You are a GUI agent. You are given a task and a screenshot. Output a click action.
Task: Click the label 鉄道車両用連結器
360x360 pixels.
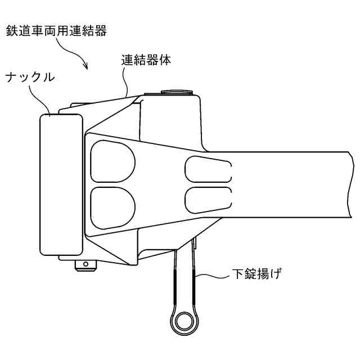pos(56,30)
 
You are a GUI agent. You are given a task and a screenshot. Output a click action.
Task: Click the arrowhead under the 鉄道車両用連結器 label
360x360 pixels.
pos(87,68)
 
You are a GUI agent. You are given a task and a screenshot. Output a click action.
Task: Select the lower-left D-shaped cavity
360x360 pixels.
pos(112,205)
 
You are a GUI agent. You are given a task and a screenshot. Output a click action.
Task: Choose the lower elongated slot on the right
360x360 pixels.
pos(207,197)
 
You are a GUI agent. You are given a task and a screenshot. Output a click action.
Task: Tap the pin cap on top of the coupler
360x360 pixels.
pos(177,91)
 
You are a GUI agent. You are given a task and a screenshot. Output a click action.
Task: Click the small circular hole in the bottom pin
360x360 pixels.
pos(85,263)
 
